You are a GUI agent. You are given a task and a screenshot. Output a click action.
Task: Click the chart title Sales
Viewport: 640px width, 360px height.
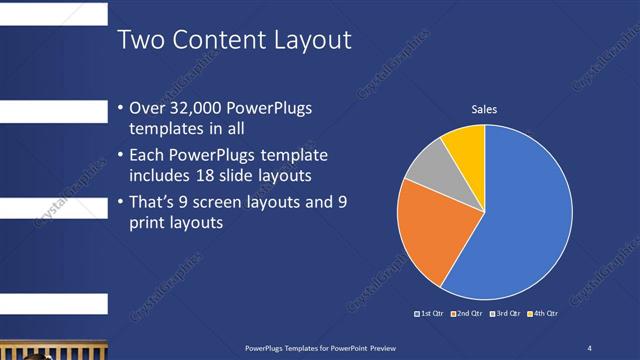pos(484,110)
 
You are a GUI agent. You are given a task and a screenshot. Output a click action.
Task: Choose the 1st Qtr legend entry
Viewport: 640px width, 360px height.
pos(430,314)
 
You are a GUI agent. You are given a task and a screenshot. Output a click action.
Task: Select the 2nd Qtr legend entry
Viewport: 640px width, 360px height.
pos(467,314)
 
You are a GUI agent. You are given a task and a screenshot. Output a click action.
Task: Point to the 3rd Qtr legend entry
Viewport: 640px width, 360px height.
pos(504,314)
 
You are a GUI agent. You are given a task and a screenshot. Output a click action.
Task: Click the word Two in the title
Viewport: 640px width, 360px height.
pos(141,40)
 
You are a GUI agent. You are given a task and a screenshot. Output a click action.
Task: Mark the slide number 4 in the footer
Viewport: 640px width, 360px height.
pos(589,347)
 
